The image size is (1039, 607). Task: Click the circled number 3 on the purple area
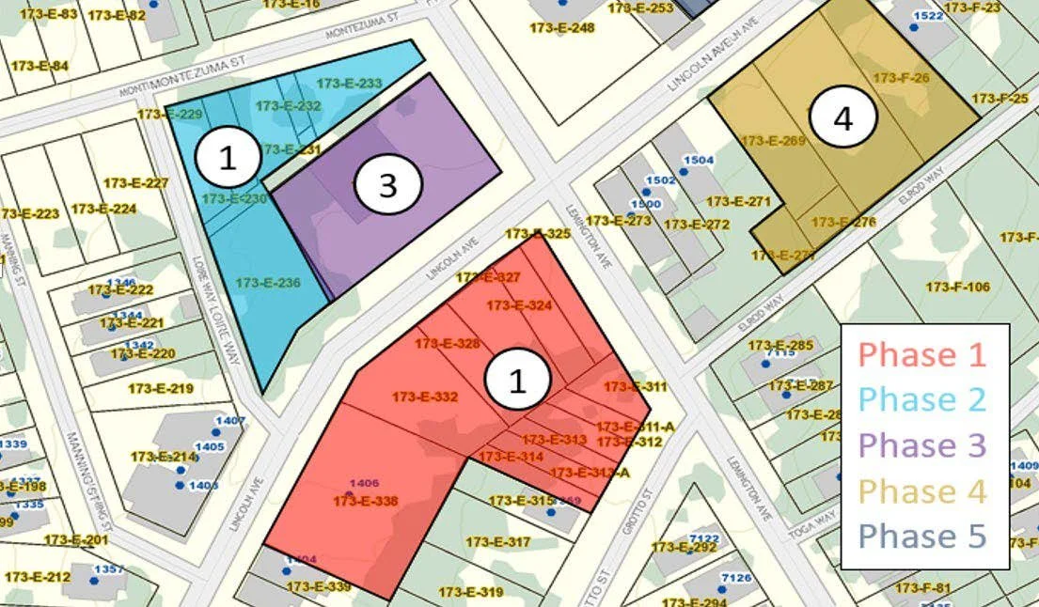(x=387, y=186)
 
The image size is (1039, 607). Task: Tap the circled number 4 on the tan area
(x=842, y=119)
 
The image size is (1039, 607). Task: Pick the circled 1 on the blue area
(x=228, y=159)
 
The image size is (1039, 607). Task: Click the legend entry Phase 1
(x=922, y=354)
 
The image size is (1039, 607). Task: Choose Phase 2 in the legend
(x=922, y=399)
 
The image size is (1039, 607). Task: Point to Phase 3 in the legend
(x=922, y=444)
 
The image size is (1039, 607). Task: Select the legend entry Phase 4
(x=922, y=490)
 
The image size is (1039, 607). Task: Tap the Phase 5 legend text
(x=922, y=536)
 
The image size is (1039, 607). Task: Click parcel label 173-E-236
(x=268, y=282)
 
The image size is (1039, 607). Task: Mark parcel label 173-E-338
(x=365, y=502)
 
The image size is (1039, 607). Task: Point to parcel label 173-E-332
(x=425, y=397)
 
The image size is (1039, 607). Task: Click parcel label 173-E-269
(x=774, y=141)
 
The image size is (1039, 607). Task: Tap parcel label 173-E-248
(x=562, y=28)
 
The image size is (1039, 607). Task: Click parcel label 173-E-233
(x=350, y=84)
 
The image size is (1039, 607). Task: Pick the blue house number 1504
(x=698, y=161)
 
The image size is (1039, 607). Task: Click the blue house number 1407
(x=229, y=420)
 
